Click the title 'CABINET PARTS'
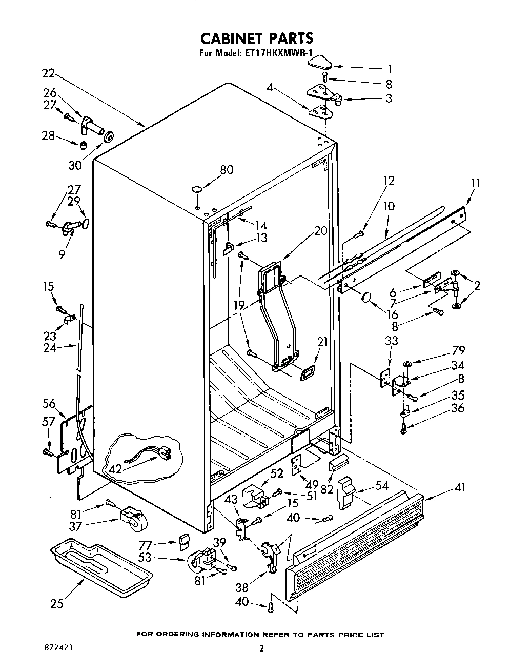point(256,38)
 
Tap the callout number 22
point(48,73)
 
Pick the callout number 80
point(226,169)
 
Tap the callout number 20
point(320,231)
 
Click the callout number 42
point(116,468)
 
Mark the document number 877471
point(57,648)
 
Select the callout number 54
point(381,485)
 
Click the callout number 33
point(391,340)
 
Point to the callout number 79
point(458,350)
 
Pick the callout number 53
point(145,557)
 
